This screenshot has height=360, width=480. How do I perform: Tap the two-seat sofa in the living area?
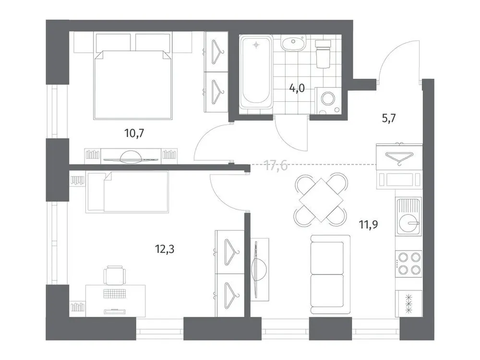pos(327,273)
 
